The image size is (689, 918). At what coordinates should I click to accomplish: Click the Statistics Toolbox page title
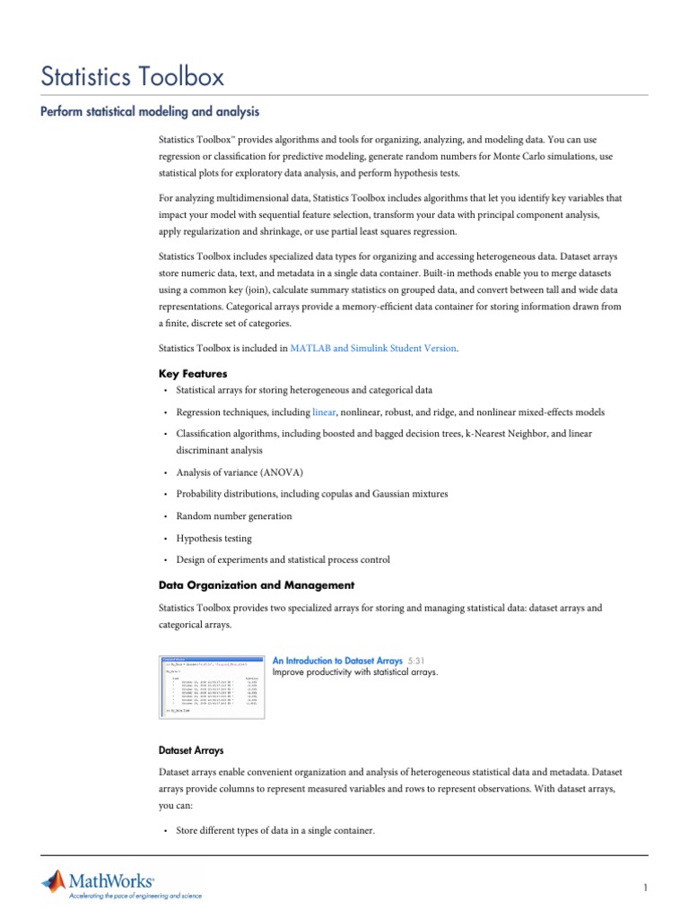(x=133, y=76)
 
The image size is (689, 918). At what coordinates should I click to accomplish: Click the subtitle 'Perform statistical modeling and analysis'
(x=151, y=112)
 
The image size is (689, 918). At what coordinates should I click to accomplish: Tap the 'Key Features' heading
(x=192, y=373)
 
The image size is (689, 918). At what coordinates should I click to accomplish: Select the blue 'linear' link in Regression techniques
(x=324, y=412)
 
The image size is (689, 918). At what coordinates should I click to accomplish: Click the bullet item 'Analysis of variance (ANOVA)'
(x=240, y=472)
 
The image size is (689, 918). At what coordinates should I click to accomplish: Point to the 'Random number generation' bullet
(x=233, y=516)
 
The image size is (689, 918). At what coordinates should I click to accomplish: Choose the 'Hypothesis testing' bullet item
(x=214, y=539)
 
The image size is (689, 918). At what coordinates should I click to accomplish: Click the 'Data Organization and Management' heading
(x=257, y=585)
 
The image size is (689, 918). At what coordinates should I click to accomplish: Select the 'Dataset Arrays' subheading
(x=191, y=749)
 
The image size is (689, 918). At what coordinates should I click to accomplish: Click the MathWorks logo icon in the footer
(x=54, y=881)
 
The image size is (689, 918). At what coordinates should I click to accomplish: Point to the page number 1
(x=644, y=888)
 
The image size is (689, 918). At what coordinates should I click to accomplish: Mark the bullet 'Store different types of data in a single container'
(x=275, y=831)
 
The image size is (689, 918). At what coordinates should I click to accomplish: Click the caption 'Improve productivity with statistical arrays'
(x=355, y=672)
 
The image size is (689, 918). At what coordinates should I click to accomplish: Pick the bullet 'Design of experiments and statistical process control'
(x=283, y=560)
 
